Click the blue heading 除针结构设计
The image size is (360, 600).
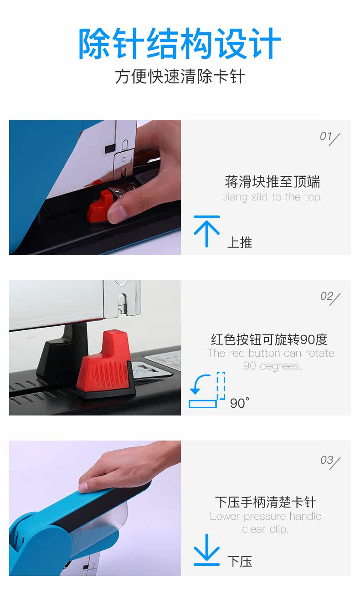click(180, 43)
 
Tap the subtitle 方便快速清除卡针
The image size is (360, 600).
click(180, 77)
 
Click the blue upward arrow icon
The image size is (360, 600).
click(206, 231)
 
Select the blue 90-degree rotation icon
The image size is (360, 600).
click(207, 390)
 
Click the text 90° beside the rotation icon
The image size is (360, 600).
click(239, 403)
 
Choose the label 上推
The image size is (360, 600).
click(240, 242)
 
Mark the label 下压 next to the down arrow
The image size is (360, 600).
click(240, 561)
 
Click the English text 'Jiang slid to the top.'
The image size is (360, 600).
click(272, 197)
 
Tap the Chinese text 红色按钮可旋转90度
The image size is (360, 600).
click(269, 339)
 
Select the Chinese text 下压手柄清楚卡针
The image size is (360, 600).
click(266, 502)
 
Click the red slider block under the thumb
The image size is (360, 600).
click(98, 208)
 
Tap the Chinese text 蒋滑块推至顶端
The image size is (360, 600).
click(273, 182)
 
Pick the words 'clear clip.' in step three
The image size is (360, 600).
click(265, 529)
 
